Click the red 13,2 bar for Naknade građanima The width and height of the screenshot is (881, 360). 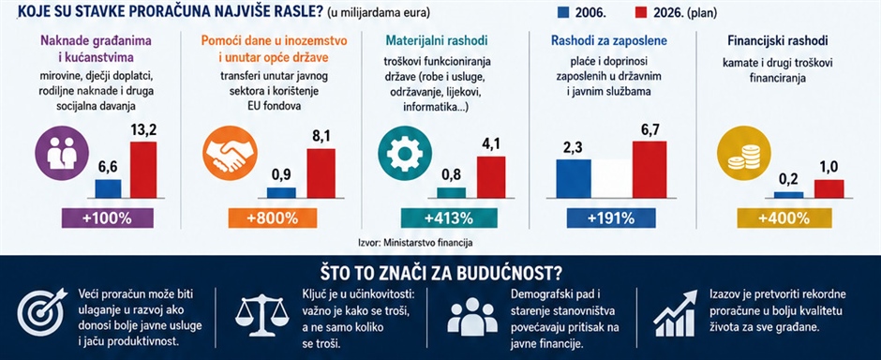click(143, 170)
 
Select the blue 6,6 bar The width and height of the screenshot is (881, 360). click(108, 188)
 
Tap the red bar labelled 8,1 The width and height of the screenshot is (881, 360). click(321, 173)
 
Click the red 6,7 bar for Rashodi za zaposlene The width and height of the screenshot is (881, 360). click(650, 169)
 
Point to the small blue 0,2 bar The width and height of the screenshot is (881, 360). click(788, 195)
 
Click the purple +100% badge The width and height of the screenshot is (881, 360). click(108, 217)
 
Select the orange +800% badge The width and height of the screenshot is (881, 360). click(273, 217)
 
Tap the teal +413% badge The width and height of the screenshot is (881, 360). click(449, 217)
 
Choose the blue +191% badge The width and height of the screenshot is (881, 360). click(610, 217)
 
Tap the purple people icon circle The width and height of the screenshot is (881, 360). click(62, 153)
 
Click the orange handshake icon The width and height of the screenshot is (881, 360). click(230, 153)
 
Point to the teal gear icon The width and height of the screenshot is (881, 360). click(405, 153)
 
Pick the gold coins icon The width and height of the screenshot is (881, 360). click(744, 153)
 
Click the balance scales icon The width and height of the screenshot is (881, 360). click(260, 317)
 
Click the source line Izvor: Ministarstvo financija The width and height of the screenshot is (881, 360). click(415, 243)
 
